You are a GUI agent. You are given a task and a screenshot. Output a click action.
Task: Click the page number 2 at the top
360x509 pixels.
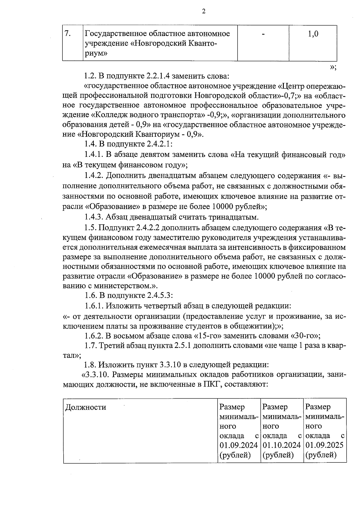click(x=204, y=12)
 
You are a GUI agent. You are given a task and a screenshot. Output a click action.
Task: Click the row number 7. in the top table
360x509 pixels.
click(x=68, y=34)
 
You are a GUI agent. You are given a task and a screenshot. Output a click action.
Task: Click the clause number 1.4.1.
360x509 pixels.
click(x=94, y=155)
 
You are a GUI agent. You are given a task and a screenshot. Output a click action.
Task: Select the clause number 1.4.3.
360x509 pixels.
click(x=94, y=217)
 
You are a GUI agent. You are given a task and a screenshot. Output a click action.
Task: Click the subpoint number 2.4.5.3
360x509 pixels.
click(x=160, y=295)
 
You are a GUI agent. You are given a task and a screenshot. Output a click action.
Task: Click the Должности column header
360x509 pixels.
click(x=85, y=407)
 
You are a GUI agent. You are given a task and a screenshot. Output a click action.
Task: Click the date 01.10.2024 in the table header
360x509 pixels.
click(x=281, y=445)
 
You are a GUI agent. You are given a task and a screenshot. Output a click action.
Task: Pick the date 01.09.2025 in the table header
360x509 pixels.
click(x=324, y=445)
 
